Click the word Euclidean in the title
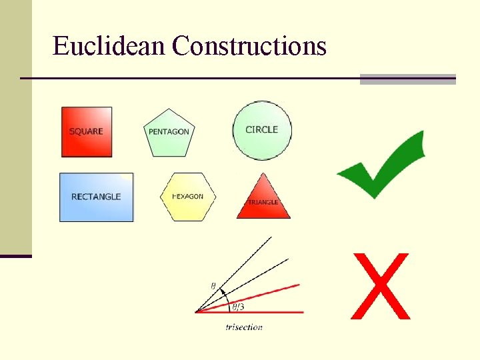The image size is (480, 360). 109,46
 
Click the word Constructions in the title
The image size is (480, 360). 249,46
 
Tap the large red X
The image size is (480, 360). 380,285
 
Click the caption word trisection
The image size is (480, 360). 244,327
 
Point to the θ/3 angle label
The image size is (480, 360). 238,307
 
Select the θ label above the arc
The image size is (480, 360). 213,286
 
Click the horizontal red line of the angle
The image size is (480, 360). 267,311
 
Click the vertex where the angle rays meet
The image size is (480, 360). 196,311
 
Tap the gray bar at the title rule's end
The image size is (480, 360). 407,79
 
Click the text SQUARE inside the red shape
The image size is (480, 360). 86,131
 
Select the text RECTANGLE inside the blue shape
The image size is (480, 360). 96,197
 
